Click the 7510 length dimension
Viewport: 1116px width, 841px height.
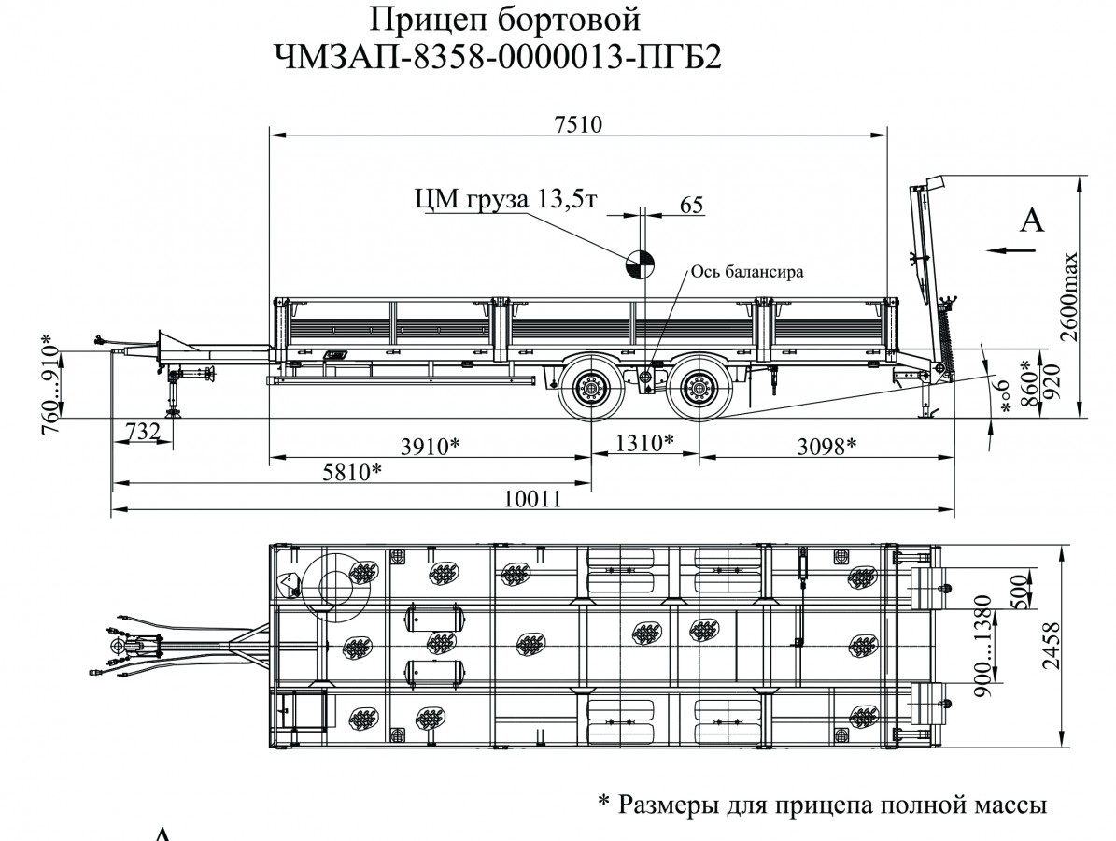click(x=576, y=123)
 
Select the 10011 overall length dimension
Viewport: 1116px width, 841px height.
click(x=531, y=499)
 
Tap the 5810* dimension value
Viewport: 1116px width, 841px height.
click(x=351, y=471)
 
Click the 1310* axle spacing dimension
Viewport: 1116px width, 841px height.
click(x=645, y=443)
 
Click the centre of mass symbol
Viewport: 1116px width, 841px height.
click(x=641, y=265)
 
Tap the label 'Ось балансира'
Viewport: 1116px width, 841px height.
click(x=747, y=272)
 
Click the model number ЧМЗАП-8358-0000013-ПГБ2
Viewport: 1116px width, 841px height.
click(x=499, y=58)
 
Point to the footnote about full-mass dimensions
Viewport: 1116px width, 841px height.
click(x=820, y=803)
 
